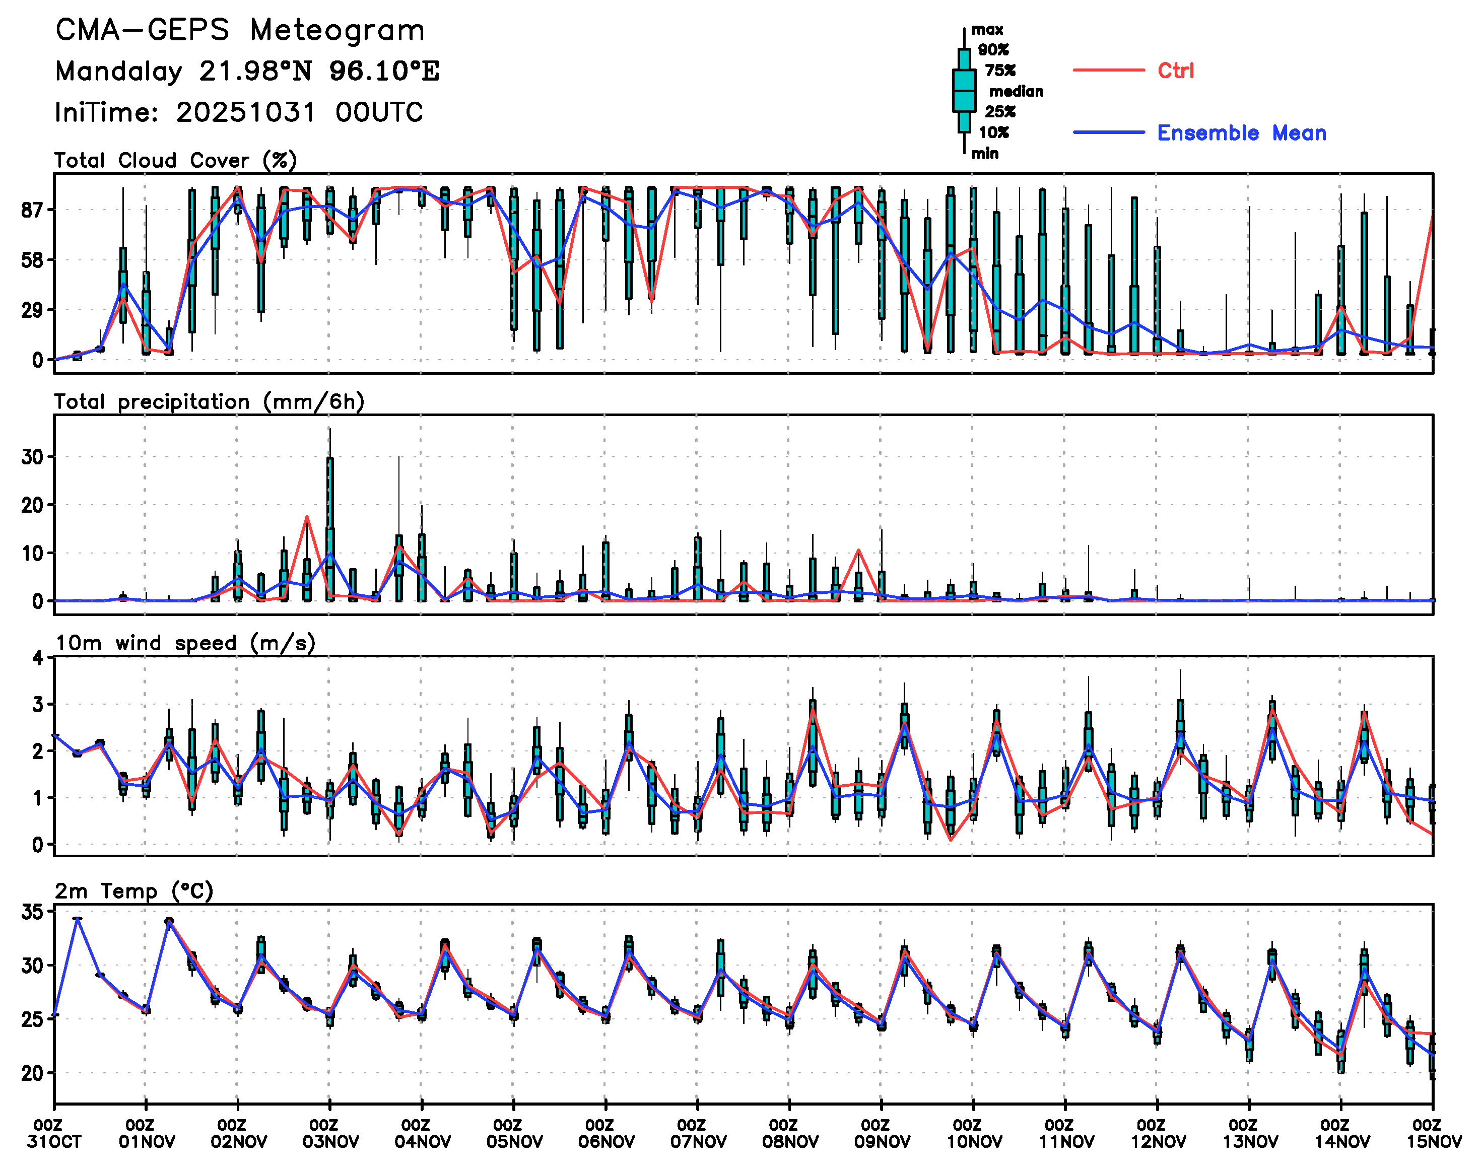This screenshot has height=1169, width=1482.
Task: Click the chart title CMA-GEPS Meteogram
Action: coord(240,31)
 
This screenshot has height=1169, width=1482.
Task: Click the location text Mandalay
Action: coord(118,71)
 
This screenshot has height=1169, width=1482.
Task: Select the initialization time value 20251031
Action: coord(246,112)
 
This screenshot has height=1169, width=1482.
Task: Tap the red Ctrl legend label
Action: coord(1175,71)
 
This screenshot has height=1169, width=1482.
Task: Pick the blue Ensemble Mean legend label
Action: coord(1241,133)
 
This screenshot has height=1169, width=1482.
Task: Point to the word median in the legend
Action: coord(1016,92)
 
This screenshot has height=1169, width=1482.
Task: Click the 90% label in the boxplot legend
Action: coord(992,50)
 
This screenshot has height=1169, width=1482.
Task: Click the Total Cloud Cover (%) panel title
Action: coord(175,161)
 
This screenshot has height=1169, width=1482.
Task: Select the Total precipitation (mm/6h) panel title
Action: coord(209,402)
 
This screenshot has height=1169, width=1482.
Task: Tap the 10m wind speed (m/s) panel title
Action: coord(185,643)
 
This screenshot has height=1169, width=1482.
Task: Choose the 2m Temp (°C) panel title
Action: coord(134,891)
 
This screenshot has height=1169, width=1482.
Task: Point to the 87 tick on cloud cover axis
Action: coord(32,210)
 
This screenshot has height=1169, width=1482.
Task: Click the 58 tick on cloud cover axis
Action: coord(32,260)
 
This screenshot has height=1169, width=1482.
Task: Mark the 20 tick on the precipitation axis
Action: coord(32,505)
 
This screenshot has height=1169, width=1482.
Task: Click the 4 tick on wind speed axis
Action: coord(38,658)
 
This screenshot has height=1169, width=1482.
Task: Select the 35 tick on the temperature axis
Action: coord(32,912)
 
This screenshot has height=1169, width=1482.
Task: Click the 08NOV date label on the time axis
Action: coord(790,1142)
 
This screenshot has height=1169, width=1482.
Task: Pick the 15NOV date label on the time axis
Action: coord(1434,1142)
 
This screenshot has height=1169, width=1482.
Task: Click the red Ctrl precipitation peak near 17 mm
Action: coord(307,517)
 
